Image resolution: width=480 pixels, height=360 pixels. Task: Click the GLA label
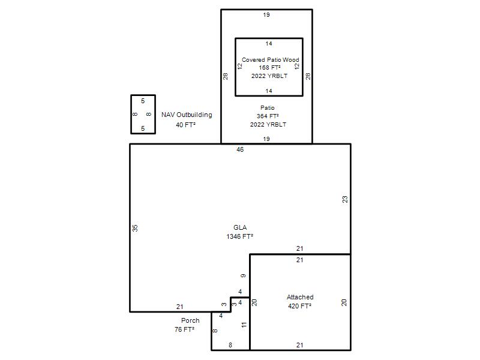pos(240,227)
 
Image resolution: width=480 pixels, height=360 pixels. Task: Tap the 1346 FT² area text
pos(239,236)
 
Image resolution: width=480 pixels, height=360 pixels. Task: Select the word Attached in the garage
pos(300,297)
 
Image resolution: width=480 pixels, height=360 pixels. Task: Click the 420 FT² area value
pos(299,306)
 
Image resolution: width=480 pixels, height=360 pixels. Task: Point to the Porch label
pos(190,320)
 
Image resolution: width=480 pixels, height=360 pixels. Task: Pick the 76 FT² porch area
pos(185,329)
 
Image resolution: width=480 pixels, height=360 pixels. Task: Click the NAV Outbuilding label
pos(187,115)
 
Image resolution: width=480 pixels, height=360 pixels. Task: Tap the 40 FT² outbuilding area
pos(185,125)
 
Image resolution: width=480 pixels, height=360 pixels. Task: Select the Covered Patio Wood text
pos(271,59)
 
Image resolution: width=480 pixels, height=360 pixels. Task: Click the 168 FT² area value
pos(269,67)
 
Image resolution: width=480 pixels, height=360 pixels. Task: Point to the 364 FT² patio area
pos(268,116)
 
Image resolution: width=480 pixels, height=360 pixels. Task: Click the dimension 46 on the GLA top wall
pos(240,149)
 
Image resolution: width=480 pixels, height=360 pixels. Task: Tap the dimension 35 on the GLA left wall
pos(135,228)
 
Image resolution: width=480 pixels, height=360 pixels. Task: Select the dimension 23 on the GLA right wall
pos(345,199)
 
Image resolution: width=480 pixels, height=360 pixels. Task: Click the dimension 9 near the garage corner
pos(243,276)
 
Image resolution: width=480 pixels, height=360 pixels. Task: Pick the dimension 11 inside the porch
pos(244,325)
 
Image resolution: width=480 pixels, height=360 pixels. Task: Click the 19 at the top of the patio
pos(266,14)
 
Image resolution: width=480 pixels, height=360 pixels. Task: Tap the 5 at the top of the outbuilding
pos(143,101)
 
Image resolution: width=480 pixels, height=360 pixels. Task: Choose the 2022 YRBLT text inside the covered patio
pos(269,76)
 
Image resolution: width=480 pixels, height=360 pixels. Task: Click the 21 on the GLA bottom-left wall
pos(179,307)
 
